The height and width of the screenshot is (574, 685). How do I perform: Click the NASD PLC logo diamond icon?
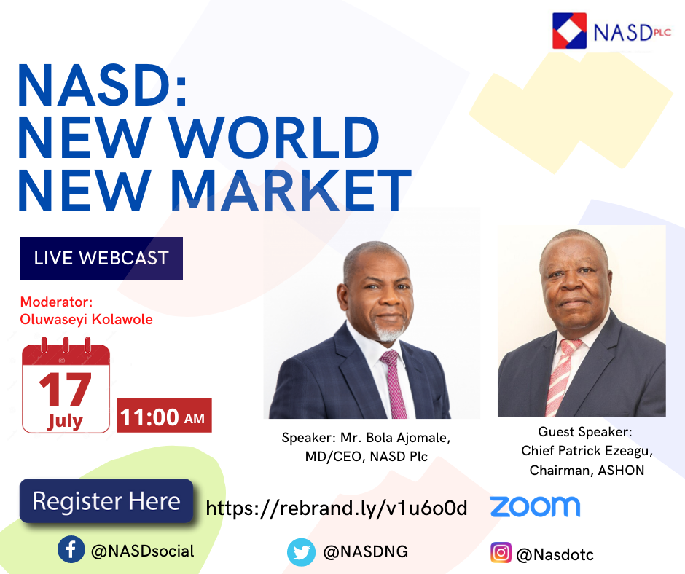(569, 31)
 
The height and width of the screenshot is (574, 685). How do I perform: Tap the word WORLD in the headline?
(274, 138)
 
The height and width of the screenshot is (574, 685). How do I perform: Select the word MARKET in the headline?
(291, 190)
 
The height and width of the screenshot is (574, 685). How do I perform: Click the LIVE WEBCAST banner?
(101, 258)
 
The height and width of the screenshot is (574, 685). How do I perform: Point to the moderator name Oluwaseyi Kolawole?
(86, 319)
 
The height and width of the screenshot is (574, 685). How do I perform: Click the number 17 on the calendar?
(65, 389)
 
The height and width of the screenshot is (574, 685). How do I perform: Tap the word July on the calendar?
(65, 421)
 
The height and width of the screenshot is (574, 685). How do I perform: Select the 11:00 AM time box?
(164, 415)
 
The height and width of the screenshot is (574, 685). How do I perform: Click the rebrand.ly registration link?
(337, 508)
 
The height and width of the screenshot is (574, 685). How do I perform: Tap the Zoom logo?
(535, 506)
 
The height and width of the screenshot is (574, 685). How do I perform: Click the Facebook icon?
(71, 549)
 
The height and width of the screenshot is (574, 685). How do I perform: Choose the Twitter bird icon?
(301, 552)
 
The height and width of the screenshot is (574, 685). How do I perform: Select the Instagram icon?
(501, 553)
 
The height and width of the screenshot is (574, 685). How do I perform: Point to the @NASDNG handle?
(366, 551)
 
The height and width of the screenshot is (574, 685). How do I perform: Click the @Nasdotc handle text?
(555, 555)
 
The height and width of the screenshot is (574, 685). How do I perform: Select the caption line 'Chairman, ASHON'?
(587, 471)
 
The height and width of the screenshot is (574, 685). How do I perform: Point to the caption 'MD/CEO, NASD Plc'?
(366, 457)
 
